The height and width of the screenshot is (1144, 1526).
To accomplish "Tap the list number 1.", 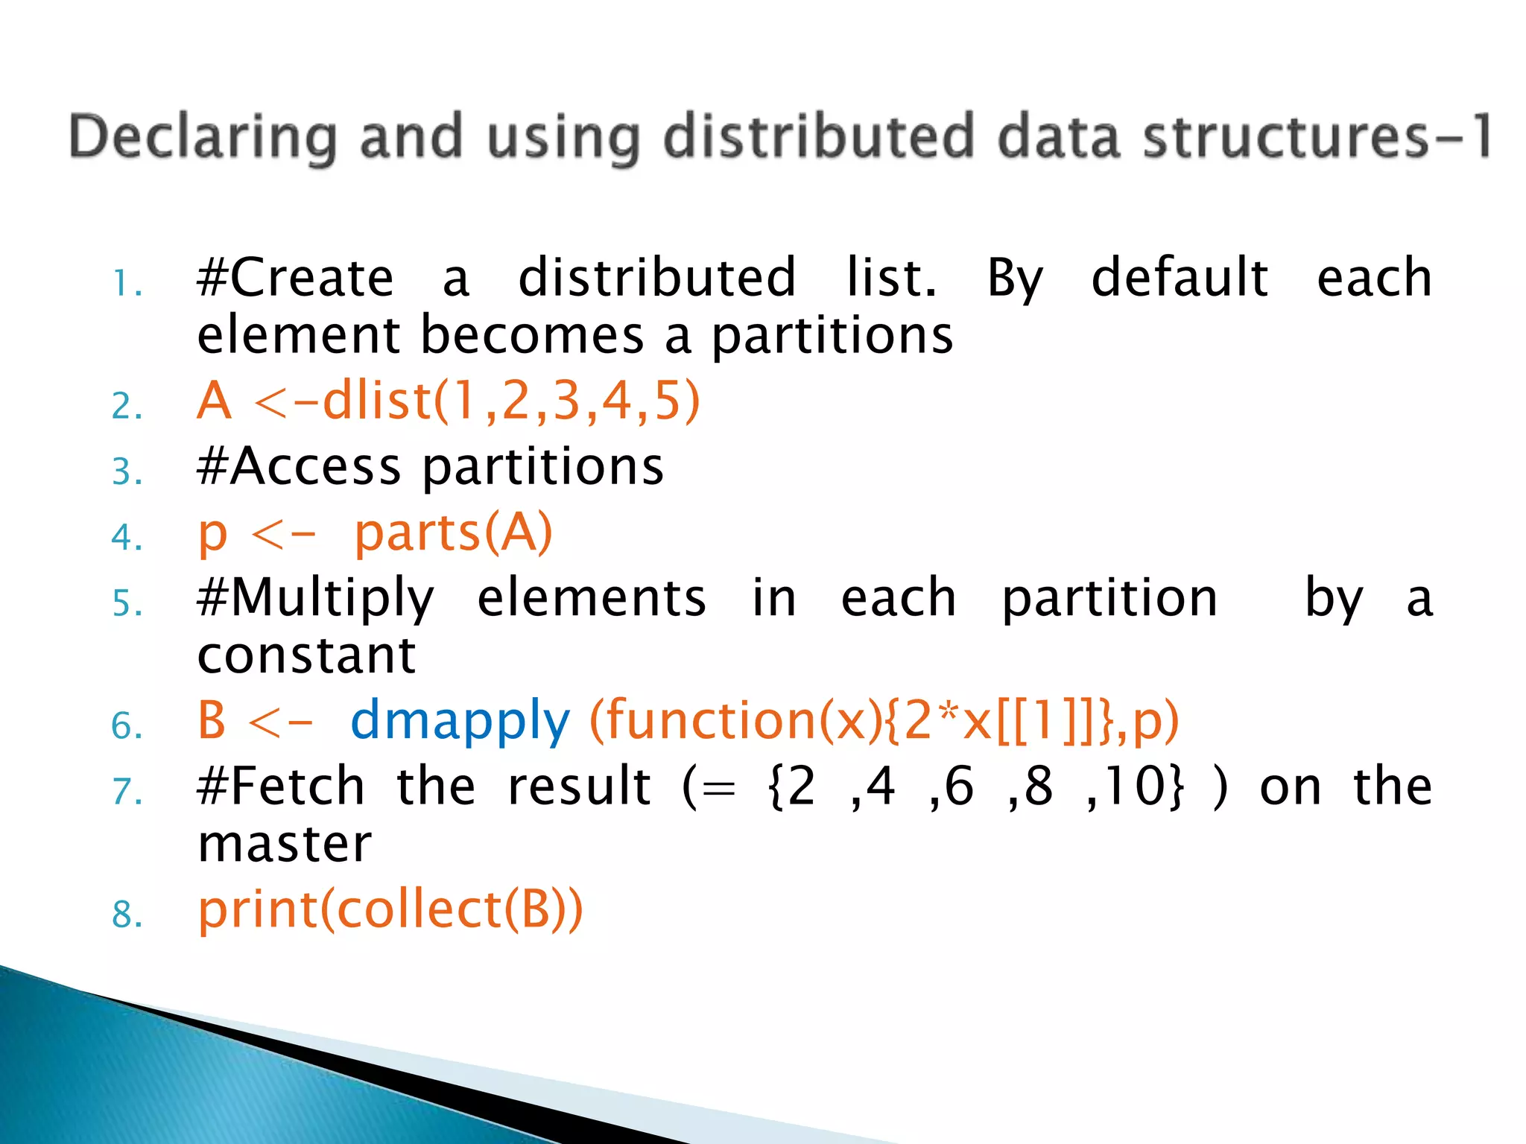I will tap(127, 284).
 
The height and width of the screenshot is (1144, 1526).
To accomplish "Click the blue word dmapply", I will tap(460, 721).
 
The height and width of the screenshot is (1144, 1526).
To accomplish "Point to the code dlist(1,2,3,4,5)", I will tap(511, 401).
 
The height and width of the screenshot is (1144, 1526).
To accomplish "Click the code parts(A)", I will tap(452, 533).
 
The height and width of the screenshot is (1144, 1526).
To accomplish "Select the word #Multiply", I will tap(315, 599).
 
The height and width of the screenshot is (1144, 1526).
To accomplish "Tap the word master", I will tap(284, 844).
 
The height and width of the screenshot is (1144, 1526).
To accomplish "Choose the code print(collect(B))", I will tap(390, 909).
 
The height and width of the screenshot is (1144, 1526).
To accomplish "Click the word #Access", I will tap(298, 467).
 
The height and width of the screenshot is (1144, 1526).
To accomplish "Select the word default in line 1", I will tap(1180, 277).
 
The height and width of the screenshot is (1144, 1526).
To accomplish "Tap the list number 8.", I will tap(127, 914).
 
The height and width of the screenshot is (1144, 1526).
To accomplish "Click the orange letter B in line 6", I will tap(212, 720).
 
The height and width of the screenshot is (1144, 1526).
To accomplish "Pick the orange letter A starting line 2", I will tap(215, 401).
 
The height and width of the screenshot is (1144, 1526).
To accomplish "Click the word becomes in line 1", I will tap(532, 334).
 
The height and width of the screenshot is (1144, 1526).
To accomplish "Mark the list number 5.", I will tap(127, 603).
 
